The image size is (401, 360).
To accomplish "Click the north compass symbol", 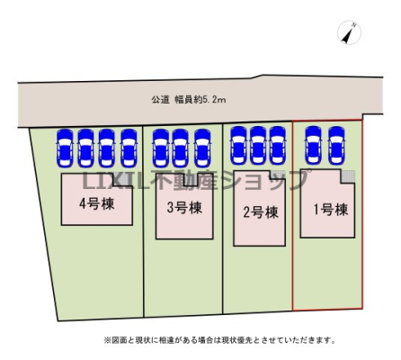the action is click(349, 32).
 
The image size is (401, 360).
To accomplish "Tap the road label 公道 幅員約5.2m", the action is click(189, 100).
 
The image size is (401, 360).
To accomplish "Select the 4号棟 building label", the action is click(97, 204).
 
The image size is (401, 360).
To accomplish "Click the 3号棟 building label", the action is click(184, 208).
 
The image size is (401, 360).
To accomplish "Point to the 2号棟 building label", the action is click(261, 212).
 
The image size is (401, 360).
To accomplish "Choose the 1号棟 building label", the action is click(331, 210).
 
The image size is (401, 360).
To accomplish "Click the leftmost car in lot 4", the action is click(65, 148).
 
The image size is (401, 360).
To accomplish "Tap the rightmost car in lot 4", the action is click(129, 148).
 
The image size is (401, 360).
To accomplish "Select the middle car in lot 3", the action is click(180, 148).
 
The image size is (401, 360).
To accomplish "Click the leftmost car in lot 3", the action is click(160, 148).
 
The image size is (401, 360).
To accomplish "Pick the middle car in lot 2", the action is click(258, 146).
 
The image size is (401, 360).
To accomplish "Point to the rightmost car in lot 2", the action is click(277, 146).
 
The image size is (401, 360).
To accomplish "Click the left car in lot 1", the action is click(313, 146).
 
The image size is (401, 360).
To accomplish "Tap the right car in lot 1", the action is click(336, 146).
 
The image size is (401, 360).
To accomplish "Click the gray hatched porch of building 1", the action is click(348, 176).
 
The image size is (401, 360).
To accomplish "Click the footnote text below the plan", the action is click(219, 340).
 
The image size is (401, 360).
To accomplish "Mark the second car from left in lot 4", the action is click(85, 148).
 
